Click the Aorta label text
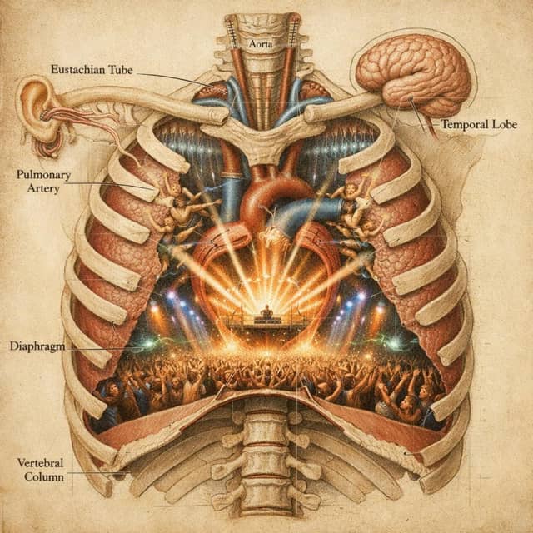[x=261, y=44]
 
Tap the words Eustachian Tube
[x=92, y=69]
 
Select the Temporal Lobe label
[x=480, y=124]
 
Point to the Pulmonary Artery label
[x=44, y=182]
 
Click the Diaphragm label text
[x=37, y=346]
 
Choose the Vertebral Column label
[x=41, y=470]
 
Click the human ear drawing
[x=42, y=116]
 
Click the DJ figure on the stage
[x=266, y=311]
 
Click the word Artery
[x=43, y=188]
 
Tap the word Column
[x=44, y=476]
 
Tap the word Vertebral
[x=41, y=463]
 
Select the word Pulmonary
[x=44, y=175]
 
